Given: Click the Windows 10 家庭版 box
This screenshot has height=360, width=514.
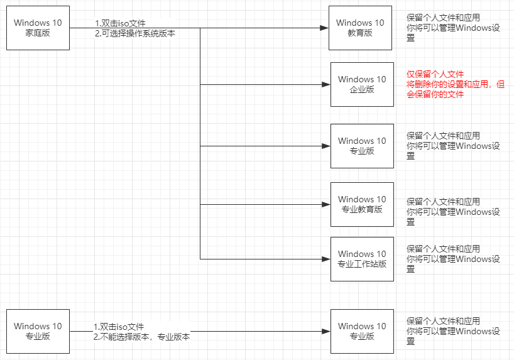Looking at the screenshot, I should pos(38,28).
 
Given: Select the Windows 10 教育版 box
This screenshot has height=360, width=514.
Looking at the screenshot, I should pos(360,28).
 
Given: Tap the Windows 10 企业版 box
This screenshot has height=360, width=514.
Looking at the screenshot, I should pos(362,84).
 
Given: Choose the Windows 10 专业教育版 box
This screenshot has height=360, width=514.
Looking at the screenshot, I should pos(362,204).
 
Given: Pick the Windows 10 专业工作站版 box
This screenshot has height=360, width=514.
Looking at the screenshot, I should pos(362,259).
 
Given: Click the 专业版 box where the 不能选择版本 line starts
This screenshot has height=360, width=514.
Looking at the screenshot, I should pos(38,330).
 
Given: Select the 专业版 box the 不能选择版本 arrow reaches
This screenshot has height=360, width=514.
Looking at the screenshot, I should pos(362,330).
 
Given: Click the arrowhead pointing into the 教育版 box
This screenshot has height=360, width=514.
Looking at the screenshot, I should pos(324,28).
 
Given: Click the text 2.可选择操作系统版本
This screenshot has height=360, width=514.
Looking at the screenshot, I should pos(135,33).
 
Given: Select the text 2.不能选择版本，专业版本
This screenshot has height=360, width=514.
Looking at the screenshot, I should pos(141,337).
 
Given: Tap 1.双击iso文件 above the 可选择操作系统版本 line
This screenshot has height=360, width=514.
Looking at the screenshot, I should pos(120,23).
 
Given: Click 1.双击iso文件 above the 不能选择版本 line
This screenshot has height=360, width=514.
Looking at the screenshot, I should pos(119,327).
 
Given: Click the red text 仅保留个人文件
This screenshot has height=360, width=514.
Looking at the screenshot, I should pos(435,74).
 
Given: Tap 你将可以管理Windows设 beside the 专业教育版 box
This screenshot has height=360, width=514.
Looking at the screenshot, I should pos(453,212).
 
